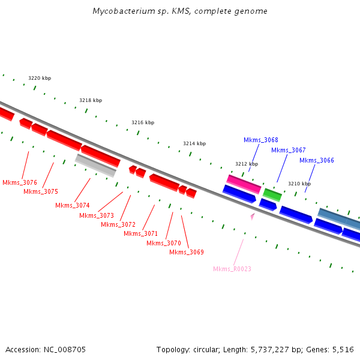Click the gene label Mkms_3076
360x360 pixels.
(x=20, y=182)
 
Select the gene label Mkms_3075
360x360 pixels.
(x=41, y=191)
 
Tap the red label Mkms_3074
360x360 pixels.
(x=73, y=205)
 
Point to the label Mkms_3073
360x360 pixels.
(x=97, y=215)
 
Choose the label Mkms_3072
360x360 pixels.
(x=118, y=224)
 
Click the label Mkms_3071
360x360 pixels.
(x=141, y=233)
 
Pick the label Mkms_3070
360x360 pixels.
(x=164, y=243)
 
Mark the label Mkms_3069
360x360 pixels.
(x=187, y=252)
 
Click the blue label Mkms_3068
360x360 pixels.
(x=261, y=140)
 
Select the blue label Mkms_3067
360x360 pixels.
(x=289, y=150)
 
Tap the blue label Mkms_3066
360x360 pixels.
(x=317, y=160)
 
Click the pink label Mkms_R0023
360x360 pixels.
(x=232, y=269)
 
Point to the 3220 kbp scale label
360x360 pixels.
(x=40, y=79)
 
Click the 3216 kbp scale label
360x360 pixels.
(x=143, y=122)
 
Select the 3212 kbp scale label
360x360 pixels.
(x=247, y=164)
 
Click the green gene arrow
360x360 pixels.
(x=272, y=194)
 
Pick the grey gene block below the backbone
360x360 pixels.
(x=96, y=165)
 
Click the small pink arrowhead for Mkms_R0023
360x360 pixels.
(x=253, y=215)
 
